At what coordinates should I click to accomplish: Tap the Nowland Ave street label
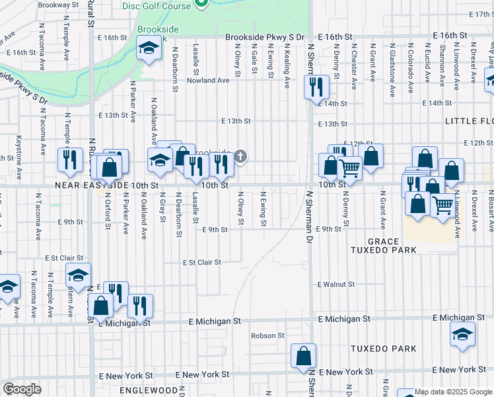[x=208, y=80]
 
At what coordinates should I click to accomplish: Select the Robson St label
[x=267, y=335]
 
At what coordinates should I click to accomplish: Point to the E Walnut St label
[x=335, y=285]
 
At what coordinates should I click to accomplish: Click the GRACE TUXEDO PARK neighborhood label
[x=392, y=245]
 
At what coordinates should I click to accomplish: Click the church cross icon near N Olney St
[x=241, y=157]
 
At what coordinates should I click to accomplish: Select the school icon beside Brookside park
[x=149, y=48]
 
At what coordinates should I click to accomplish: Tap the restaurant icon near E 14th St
[x=316, y=85]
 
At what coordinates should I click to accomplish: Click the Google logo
[x=22, y=389]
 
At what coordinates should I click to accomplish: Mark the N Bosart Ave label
[x=491, y=213]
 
